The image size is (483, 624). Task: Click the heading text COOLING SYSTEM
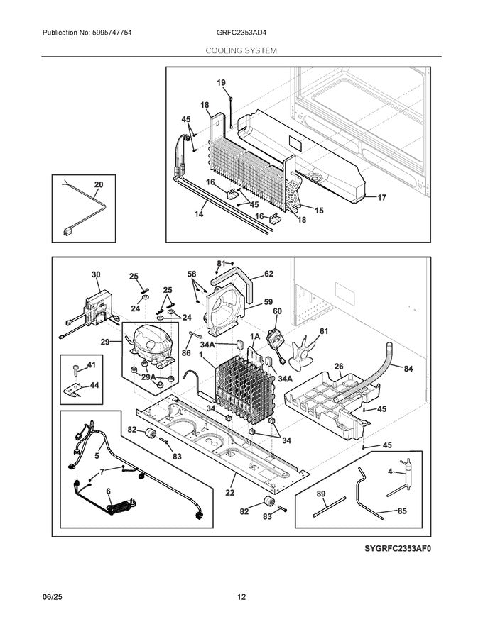[241, 51]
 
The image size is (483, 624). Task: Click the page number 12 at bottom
[241, 597]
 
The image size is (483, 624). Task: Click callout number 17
[381, 198]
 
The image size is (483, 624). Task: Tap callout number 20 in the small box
[98, 185]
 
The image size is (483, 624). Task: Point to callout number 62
[268, 273]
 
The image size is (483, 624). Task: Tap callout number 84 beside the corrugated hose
[408, 368]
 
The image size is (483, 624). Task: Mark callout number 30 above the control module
[95, 274]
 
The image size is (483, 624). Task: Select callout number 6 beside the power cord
[109, 491]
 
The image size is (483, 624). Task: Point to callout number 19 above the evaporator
[221, 83]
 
